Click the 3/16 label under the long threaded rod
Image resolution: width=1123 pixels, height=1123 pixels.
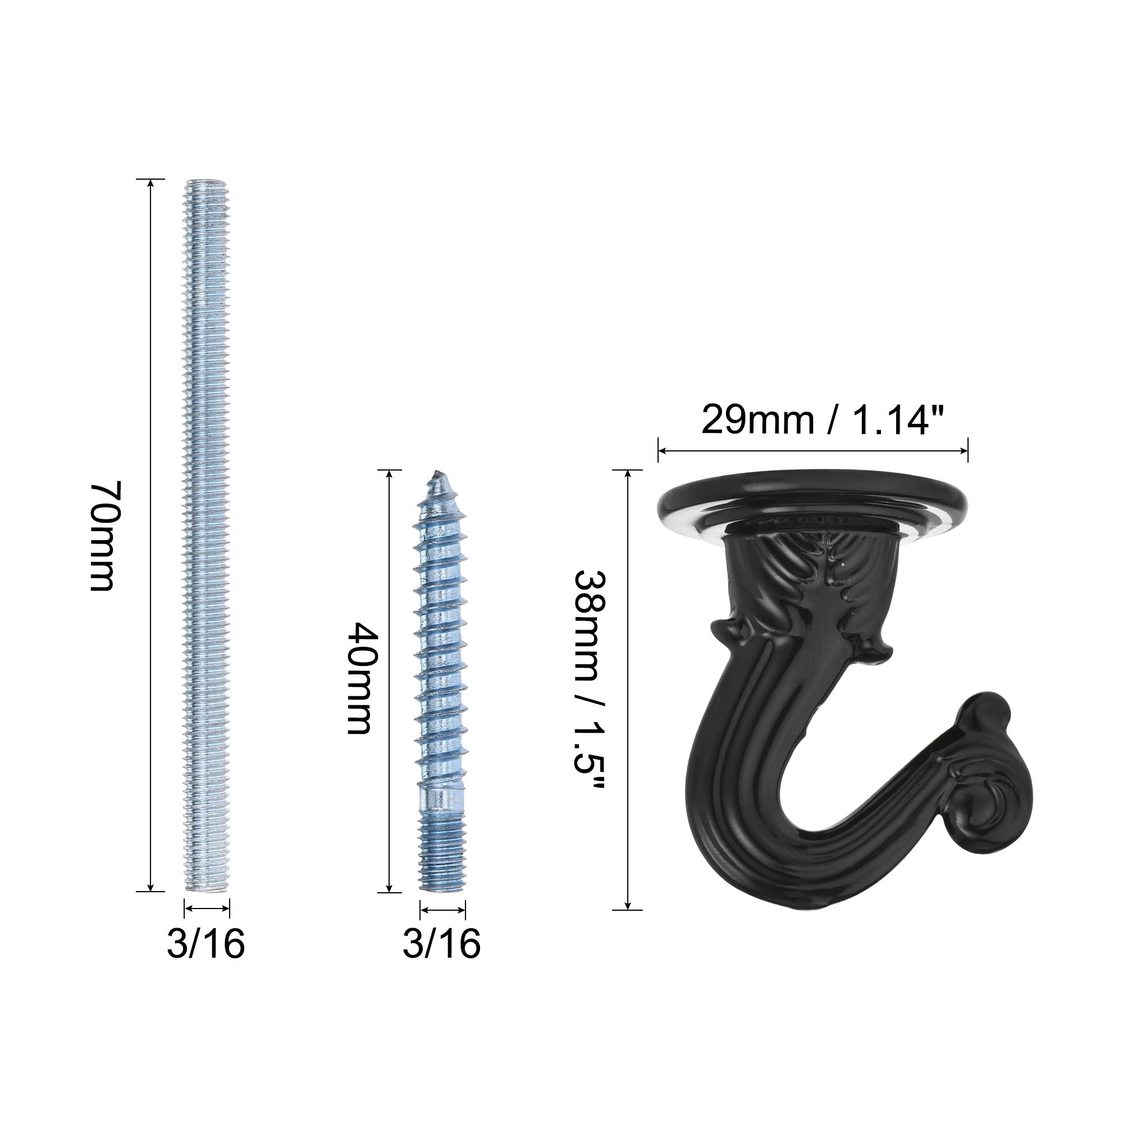(x=206, y=943)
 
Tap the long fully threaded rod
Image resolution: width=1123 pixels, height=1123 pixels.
(x=207, y=535)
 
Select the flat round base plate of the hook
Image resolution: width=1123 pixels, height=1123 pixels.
(x=812, y=503)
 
